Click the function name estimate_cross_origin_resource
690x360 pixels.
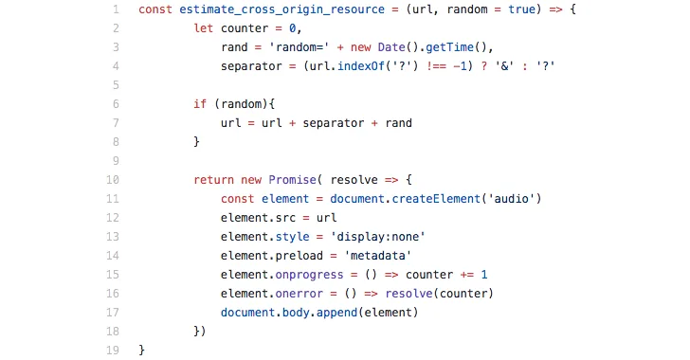281,9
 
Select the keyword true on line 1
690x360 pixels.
522,9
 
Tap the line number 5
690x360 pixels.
116,85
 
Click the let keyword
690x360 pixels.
203,28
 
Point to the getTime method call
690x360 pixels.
449,47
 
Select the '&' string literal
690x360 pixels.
504,66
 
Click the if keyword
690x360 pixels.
200,104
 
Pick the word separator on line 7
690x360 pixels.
333,123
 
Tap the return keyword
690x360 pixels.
213,180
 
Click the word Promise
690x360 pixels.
292,180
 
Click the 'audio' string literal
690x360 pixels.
511,199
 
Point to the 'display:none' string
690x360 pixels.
377,236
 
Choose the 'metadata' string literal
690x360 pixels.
377,255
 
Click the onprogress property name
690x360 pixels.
309,275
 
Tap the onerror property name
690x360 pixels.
299,294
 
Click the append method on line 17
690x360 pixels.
336,313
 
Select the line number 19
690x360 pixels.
113,351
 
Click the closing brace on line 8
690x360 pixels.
197,142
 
